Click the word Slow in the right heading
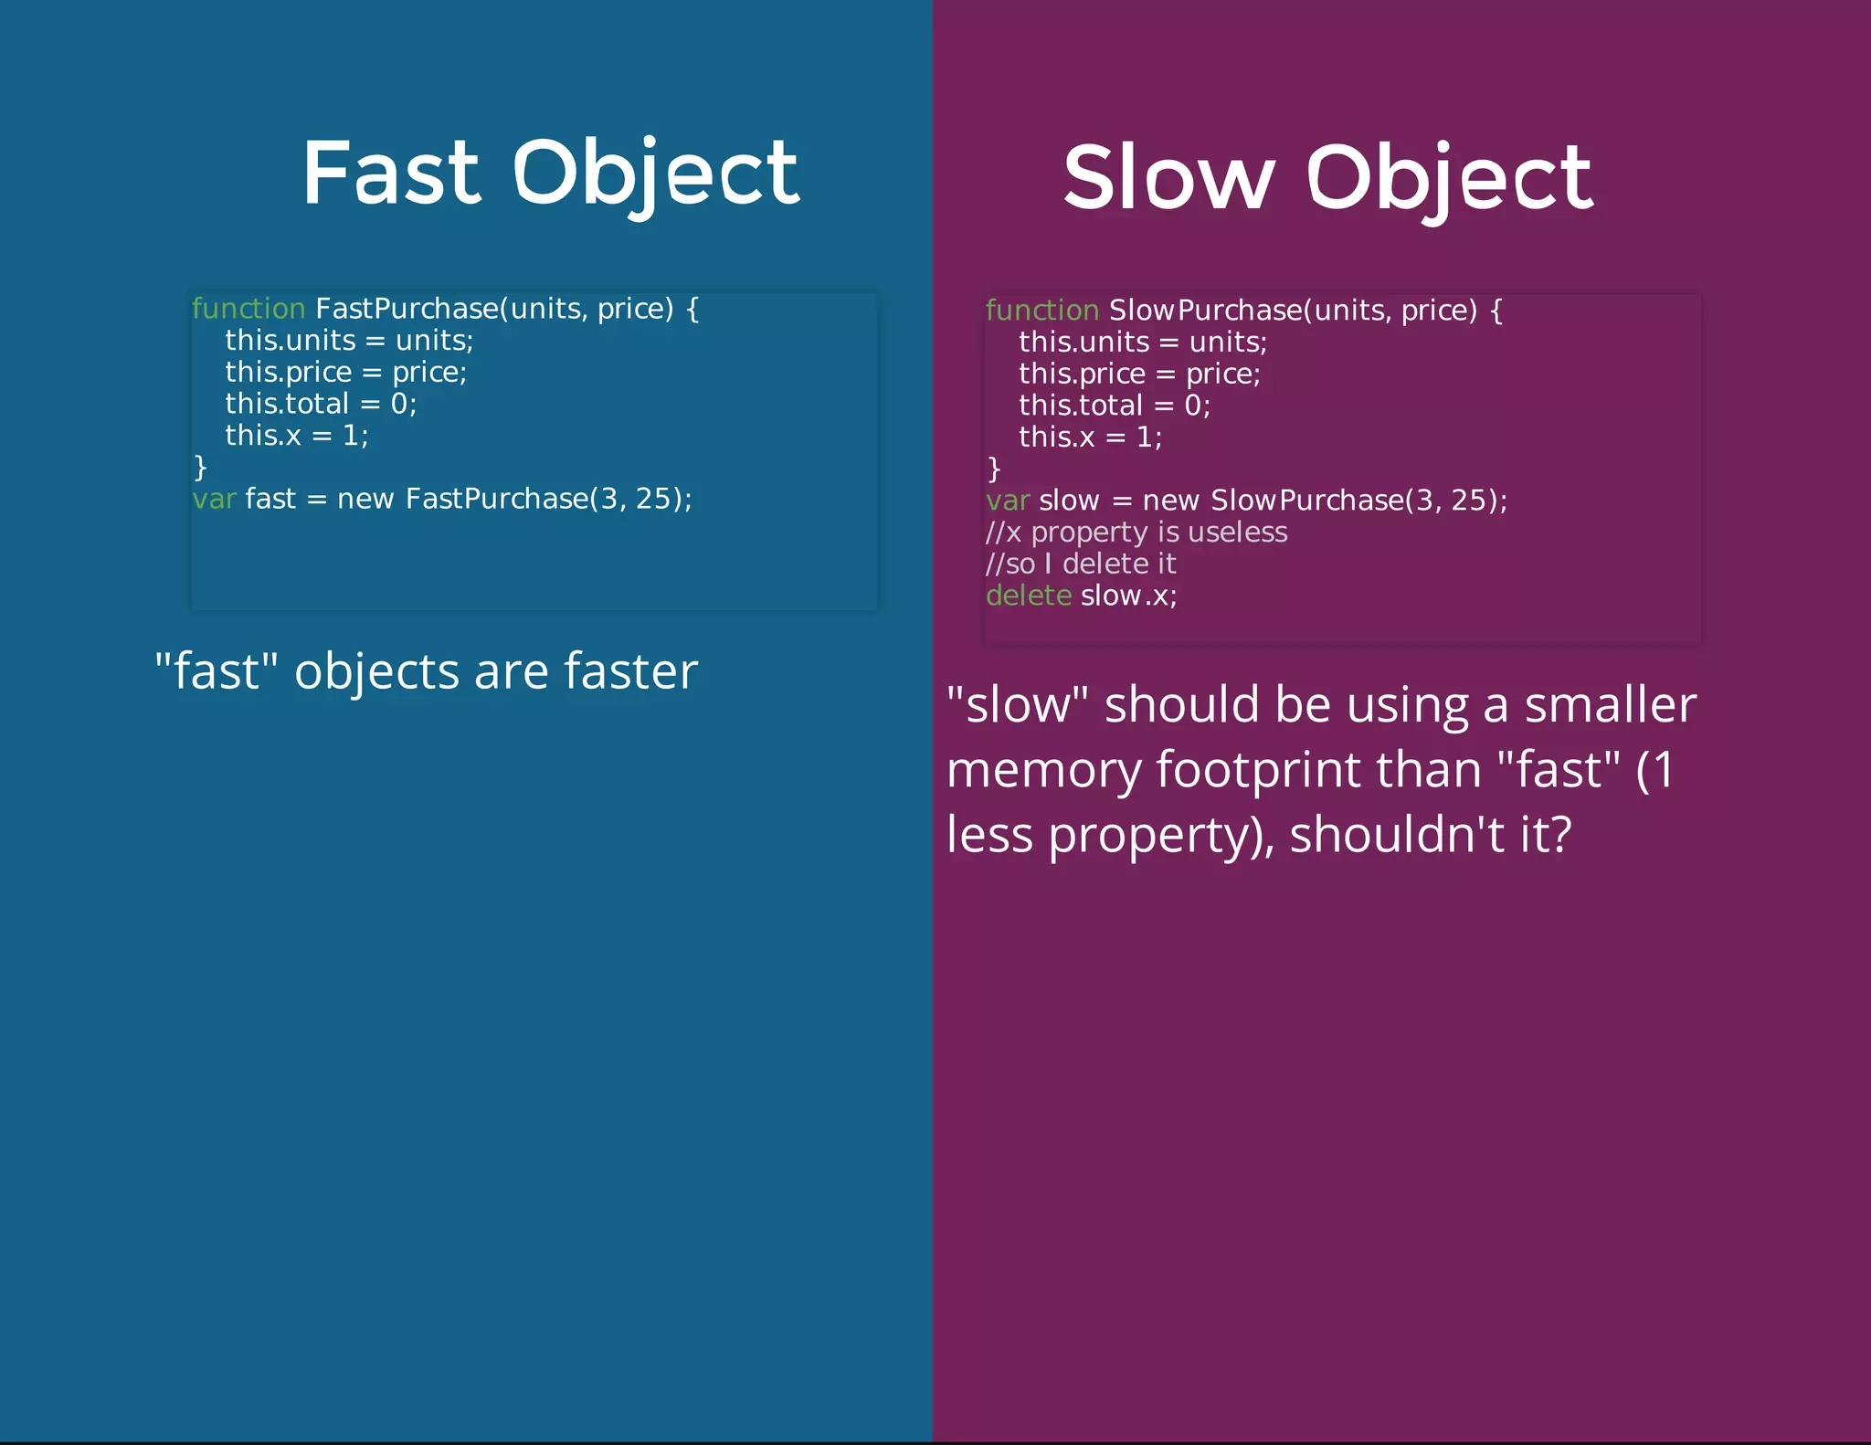coord(1168,177)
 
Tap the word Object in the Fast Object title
coord(655,174)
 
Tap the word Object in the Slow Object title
coord(1449,179)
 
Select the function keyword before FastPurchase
coord(248,309)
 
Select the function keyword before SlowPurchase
coord(1041,311)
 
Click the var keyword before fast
coord(214,499)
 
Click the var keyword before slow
coord(1007,501)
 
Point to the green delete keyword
coord(1028,596)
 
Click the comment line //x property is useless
coord(1136,533)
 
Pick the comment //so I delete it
coord(1081,564)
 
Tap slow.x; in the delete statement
coord(1129,596)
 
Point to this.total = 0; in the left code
coord(321,404)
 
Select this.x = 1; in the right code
coord(1090,438)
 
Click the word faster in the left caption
coord(630,671)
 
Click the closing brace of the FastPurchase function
coord(201,468)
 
